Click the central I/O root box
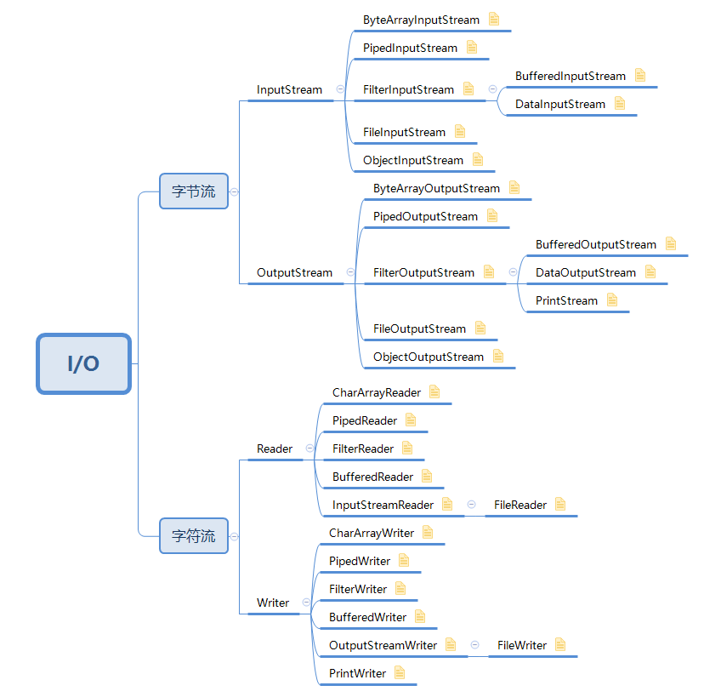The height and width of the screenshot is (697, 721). pos(83,363)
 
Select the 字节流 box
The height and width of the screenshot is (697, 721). pos(194,191)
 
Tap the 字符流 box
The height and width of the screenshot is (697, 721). pos(194,536)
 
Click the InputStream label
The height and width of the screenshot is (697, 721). pos(289,89)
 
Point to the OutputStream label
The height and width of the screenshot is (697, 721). pos(294,272)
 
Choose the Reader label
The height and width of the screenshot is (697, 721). pos(275,448)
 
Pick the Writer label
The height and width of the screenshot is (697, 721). pos(273,603)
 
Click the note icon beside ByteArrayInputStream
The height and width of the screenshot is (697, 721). pos(494,20)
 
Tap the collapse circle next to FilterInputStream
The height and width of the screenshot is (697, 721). pos(492,89)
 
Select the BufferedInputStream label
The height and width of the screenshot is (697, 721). pos(571,76)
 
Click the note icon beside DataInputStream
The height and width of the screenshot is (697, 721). pos(620,104)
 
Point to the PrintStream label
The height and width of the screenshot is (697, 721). pos(566,300)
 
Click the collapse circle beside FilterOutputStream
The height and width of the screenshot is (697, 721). pos(514,272)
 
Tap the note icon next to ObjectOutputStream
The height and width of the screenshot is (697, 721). pos(498,357)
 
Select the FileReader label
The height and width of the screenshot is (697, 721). pos(520,505)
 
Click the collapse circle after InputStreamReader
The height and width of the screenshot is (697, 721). pos(471,505)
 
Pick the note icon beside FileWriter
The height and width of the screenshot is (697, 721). pos(560,645)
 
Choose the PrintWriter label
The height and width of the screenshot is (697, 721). pos(357,673)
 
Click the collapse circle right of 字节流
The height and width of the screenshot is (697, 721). pos(234,191)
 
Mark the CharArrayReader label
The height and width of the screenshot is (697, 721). pos(376,392)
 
